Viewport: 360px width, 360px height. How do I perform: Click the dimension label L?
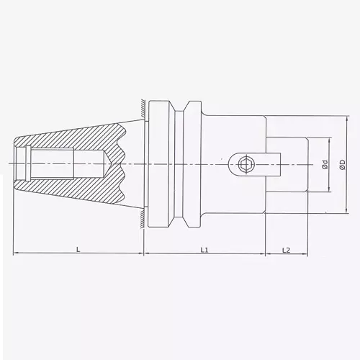[x=78, y=249]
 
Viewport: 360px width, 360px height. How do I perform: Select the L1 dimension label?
[x=204, y=249]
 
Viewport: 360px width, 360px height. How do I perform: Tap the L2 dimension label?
[x=286, y=249]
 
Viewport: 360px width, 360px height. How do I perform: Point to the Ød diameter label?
[x=325, y=165]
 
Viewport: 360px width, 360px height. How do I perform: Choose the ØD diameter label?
[x=343, y=165]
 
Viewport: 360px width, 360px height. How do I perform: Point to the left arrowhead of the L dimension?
[x=17, y=254]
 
